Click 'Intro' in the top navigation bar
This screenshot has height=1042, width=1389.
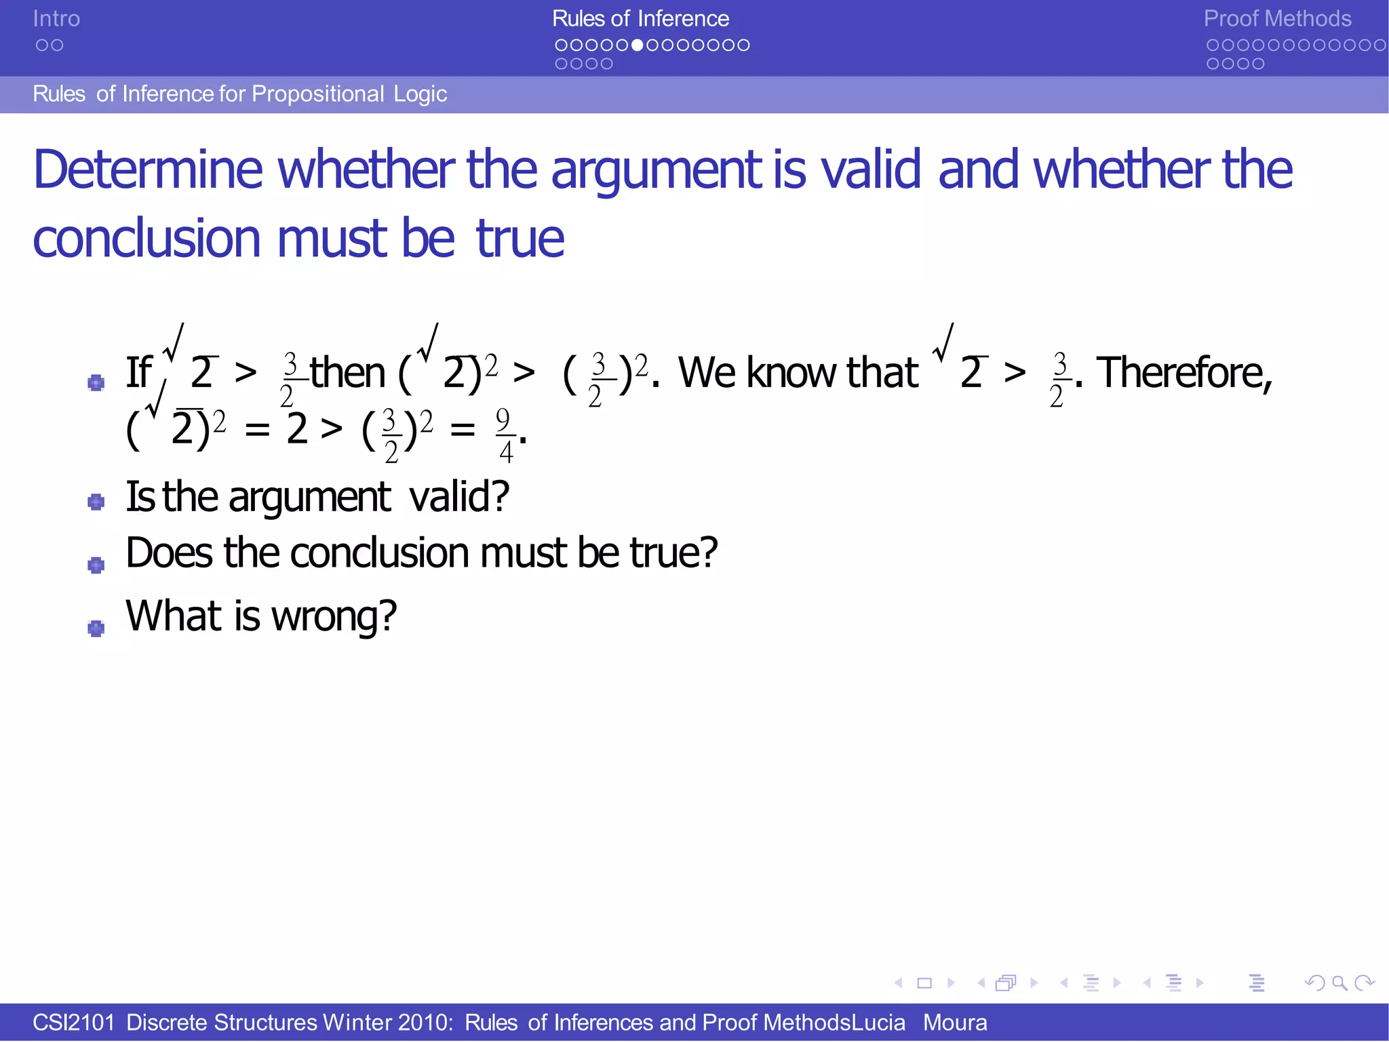click(x=56, y=18)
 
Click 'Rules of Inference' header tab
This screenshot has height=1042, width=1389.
click(x=640, y=18)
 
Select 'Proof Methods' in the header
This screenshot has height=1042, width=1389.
click(x=1276, y=18)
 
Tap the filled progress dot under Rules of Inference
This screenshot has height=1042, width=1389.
click(x=637, y=45)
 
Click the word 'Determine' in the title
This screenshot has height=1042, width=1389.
click(x=148, y=169)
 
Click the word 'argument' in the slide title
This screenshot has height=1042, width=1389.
click(x=657, y=169)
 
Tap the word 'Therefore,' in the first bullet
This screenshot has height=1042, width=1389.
click(x=1184, y=372)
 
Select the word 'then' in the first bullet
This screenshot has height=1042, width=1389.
click(x=347, y=372)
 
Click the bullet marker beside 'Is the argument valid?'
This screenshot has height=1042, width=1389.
click(x=96, y=502)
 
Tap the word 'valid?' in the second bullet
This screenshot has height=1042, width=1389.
click(x=459, y=496)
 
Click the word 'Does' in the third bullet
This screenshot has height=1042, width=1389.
click(x=170, y=553)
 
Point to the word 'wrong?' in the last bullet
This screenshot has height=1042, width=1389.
click(x=334, y=616)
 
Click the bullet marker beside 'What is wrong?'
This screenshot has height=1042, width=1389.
click(x=96, y=628)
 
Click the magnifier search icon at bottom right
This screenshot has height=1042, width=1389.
click(x=1339, y=982)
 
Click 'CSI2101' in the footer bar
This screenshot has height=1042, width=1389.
click(x=74, y=1022)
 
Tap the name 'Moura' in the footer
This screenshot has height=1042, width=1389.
click(x=954, y=1022)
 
